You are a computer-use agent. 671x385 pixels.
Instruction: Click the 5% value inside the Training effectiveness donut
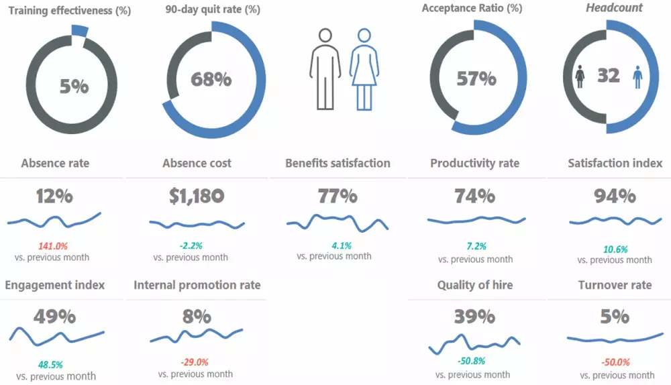74,86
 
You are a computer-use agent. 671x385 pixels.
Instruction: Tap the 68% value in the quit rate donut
211,79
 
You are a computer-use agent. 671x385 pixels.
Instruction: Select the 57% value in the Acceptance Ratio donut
476,78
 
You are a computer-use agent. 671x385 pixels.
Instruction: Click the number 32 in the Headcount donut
609,76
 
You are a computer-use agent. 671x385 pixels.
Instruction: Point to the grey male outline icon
325,68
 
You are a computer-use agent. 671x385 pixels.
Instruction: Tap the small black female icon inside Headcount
580,76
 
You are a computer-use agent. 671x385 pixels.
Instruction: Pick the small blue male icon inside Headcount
637,76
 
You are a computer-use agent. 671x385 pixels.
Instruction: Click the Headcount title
614,8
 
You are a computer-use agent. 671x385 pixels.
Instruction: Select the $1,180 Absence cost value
197,196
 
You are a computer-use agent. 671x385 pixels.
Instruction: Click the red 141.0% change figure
52,246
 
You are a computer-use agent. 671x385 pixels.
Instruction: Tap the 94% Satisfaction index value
615,196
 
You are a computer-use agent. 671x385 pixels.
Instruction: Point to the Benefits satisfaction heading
338,163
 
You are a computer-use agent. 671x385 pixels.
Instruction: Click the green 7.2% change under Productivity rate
476,246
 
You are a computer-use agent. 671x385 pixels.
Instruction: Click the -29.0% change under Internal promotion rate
195,362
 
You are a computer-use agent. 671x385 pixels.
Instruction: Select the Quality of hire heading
475,285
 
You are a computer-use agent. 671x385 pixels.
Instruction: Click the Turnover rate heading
615,285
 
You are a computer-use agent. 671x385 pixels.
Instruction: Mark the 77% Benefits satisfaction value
338,196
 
